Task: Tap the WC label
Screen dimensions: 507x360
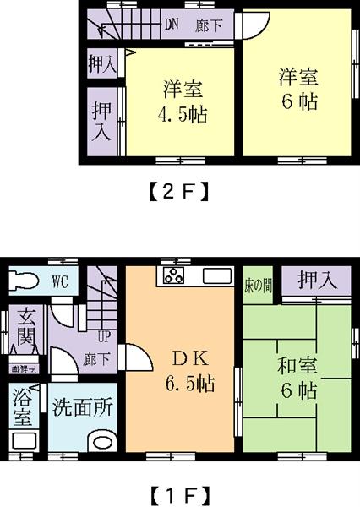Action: point(59,281)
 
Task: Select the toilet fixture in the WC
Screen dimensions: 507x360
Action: point(25,281)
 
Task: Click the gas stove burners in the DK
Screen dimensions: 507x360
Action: point(174,276)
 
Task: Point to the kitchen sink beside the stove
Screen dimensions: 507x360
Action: point(215,276)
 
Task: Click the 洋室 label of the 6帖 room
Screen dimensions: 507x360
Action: point(298,76)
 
